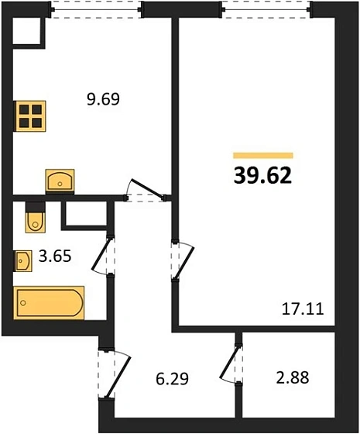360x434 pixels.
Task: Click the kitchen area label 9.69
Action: (103, 99)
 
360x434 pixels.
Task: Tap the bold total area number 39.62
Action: (262, 176)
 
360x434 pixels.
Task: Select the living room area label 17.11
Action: (303, 309)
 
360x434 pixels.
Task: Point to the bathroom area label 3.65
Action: (55, 256)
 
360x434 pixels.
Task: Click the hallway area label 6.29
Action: (172, 379)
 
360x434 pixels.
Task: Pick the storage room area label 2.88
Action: (293, 377)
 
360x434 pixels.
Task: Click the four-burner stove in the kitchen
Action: (30, 116)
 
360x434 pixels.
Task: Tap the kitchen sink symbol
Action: (60, 181)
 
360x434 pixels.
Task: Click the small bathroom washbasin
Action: (23, 260)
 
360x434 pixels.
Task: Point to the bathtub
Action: (49, 303)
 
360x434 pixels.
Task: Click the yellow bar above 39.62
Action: (263, 156)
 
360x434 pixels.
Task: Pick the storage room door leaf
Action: (228, 361)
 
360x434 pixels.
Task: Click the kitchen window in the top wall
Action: (97, 10)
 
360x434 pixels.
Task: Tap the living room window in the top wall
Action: (266, 10)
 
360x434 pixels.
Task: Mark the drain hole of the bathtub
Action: (23, 303)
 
